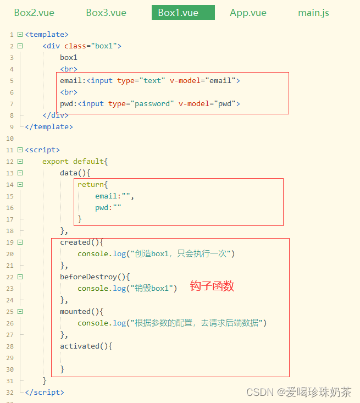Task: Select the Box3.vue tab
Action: click(x=106, y=13)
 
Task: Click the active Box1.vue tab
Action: click(x=178, y=13)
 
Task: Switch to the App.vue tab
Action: click(x=248, y=13)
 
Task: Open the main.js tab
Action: click(x=313, y=13)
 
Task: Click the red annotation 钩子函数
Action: click(x=212, y=286)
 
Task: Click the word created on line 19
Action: click(x=75, y=242)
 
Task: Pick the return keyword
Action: click(x=90, y=184)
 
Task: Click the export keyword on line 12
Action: click(x=56, y=161)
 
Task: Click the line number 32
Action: click(x=10, y=393)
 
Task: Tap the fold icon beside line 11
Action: click(x=20, y=150)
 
